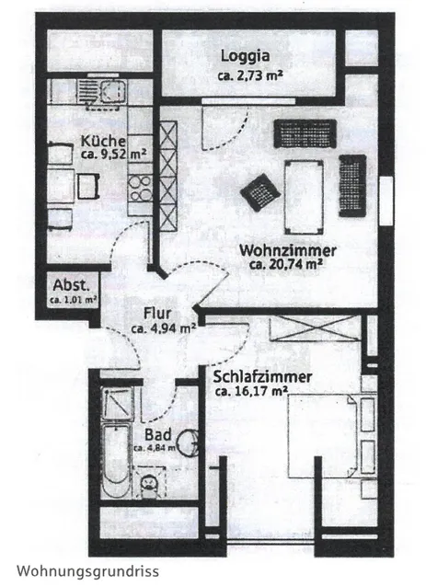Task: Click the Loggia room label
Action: click(x=245, y=56)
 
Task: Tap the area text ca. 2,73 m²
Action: click(x=250, y=75)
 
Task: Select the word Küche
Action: click(x=103, y=142)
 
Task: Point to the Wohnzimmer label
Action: click(x=288, y=250)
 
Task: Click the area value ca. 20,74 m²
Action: click(x=286, y=265)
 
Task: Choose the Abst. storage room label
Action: click(x=72, y=285)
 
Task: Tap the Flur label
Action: click(x=157, y=313)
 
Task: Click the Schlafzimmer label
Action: click(x=262, y=377)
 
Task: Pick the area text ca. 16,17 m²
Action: click(x=251, y=391)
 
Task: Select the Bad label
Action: click(x=158, y=434)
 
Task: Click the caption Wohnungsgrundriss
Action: click(x=87, y=571)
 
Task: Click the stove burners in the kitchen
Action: click(x=140, y=189)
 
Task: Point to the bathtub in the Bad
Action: click(x=116, y=461)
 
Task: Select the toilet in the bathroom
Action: click(x=149, y=484)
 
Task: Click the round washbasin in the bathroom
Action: click(x=188, y=442)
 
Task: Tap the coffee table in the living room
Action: click(x=304, y=197)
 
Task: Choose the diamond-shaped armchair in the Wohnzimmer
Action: click(x=260, y=192)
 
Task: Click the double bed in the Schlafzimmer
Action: click(x=323, y=436)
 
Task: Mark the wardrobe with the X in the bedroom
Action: click(x=316, y=328)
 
